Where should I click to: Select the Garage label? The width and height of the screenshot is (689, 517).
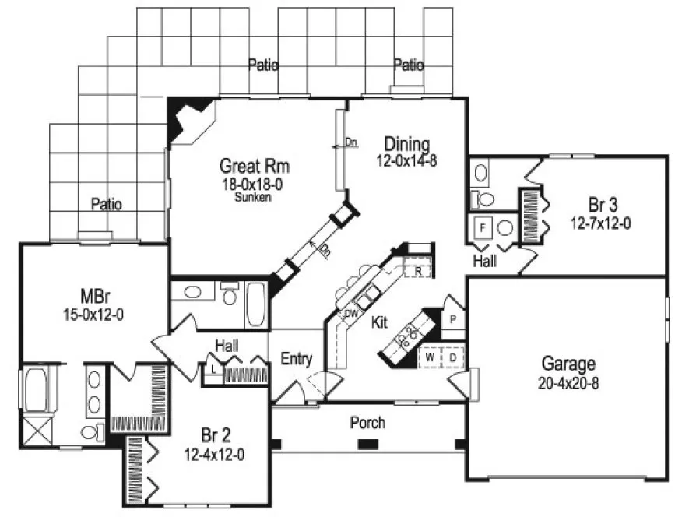[x=569, y=364]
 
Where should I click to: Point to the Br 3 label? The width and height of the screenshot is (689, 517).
[x=603, y=206]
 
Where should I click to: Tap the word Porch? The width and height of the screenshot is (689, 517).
[x=367, y=423]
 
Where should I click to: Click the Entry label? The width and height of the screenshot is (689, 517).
[x=297, y=359]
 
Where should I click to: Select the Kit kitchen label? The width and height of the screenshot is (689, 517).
[x=380, y=322]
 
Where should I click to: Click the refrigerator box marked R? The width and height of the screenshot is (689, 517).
[x=418, y=271]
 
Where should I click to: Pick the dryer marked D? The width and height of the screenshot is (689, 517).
[x=452, y=357]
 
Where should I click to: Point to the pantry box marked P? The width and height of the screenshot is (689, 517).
[x=452, y=318]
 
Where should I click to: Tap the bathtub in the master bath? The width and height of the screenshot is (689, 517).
[x=34, y=389]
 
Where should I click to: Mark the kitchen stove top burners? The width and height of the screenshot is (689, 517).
[x=406, y=336]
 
